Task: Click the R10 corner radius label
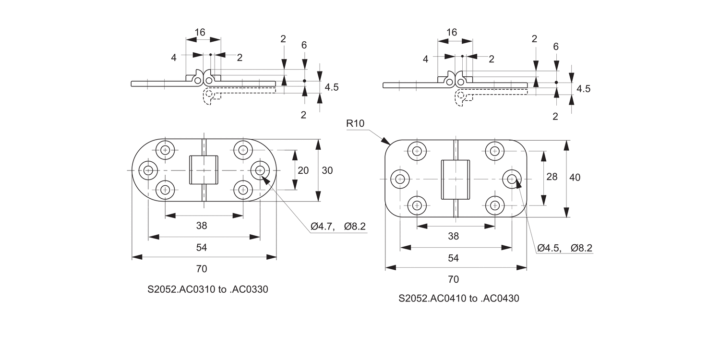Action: tap(355, 123)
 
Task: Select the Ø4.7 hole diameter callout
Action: tap(322, 227)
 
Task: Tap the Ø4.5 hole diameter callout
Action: tap(549, 248)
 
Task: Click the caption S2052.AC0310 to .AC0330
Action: tap(208, 290)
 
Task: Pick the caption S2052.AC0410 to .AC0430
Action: tap(459, 299)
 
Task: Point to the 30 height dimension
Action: tap(327, 170)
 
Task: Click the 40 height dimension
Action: tap(575, 177)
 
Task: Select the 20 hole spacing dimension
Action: tap(303, 170)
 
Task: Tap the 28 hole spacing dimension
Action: tap(552, 177)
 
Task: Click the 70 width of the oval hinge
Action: tap(202, 269)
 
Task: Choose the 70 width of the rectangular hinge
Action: tap(453, 279)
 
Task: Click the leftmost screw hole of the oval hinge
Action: tap(148, 170)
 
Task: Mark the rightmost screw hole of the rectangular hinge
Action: tap(512, 179)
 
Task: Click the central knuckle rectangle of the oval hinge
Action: tap(204, 170)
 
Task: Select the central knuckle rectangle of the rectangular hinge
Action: tap(455, 179)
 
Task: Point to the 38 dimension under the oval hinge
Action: tap(202, 225)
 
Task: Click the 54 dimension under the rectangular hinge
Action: tap(453, 258)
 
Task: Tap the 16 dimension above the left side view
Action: tap(200, 32)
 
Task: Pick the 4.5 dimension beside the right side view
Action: tap(583, 89)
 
